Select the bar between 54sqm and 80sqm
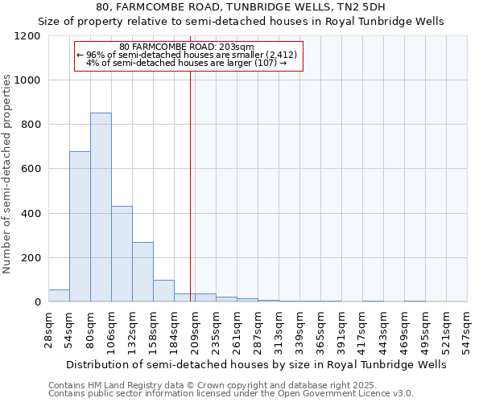tap(80, 227)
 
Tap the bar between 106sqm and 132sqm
tap(122, 254)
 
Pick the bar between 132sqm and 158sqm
tap(142, 272)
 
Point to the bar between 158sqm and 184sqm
tap(163, 291)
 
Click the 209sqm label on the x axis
tap(195, 330)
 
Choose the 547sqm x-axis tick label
tap(467, 330)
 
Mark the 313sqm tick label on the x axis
tap(279, 330)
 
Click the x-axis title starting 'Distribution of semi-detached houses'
tap(255, 364)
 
